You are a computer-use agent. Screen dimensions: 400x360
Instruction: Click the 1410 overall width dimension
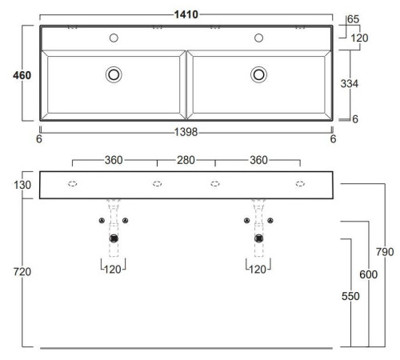(x=186, y=14)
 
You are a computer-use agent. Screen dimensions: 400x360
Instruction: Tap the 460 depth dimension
(x=22, y=75)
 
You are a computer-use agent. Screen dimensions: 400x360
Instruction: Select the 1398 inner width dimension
(x=186, y=132)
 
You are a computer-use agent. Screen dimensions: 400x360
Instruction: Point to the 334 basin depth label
(x=350, y=84)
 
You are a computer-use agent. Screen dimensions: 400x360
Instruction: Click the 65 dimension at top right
(x=354, y=19)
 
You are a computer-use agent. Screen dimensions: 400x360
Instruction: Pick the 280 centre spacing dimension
(x=186, y=160)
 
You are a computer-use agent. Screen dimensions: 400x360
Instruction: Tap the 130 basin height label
(x=22, y=185)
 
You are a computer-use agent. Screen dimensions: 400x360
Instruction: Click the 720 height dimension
(x=22, y=272)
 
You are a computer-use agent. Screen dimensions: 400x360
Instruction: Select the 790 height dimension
(x=385, y=252)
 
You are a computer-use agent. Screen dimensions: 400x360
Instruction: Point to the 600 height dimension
(x=368, y=274)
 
